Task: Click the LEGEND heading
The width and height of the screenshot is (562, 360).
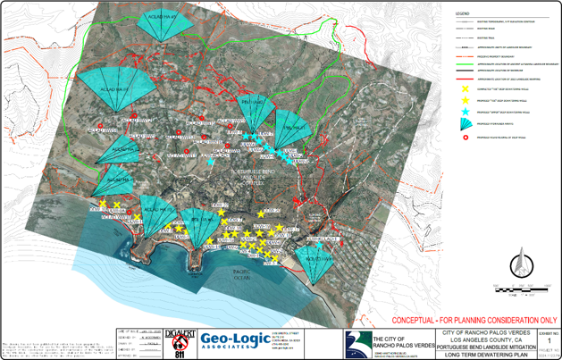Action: pyautogui.click(x=463, y=15)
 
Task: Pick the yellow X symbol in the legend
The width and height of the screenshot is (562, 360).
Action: pyautogui.click(x=465, y=90)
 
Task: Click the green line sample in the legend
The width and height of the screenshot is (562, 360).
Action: pyautogui.click(x=465, y=65)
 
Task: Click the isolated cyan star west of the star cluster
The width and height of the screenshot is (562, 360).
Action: pyautogui.click(x=210, y=163)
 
